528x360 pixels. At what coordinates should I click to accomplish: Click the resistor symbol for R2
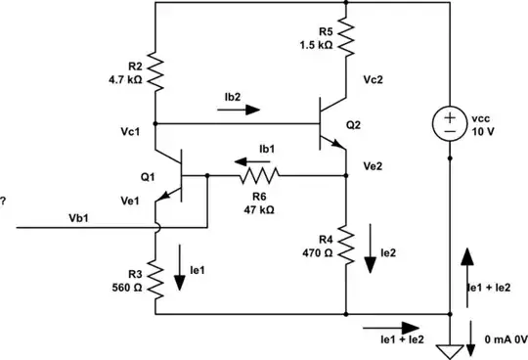pyautogui.click(x=155, y=68)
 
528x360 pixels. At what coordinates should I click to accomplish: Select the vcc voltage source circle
pyautogui.click(x=450, y=124)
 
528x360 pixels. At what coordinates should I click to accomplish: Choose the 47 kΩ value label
pyautogui.click(x=261, y=208)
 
